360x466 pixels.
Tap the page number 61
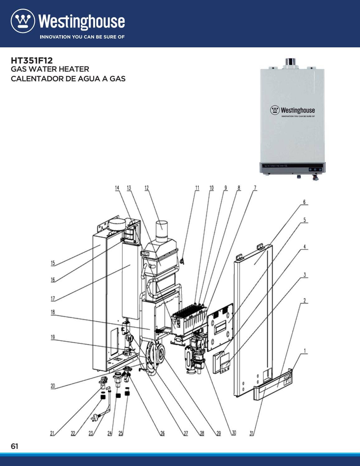[14, 446]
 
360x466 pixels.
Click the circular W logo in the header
[23, 21]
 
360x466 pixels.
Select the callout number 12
[146, 188]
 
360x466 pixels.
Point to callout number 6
[305, 202]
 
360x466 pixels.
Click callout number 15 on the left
[53, 263]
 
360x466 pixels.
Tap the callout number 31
[252, 433]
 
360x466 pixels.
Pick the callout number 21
[52, 433]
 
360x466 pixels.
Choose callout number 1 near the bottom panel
[305, 351]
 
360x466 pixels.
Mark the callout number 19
[53, 337]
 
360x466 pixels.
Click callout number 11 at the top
[197, 188]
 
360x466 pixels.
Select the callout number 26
[162, 433]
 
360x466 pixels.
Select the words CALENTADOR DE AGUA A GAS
[68, 78]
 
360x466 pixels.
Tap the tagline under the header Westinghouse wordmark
[82, 37]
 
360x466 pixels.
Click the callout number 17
[53, 299]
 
